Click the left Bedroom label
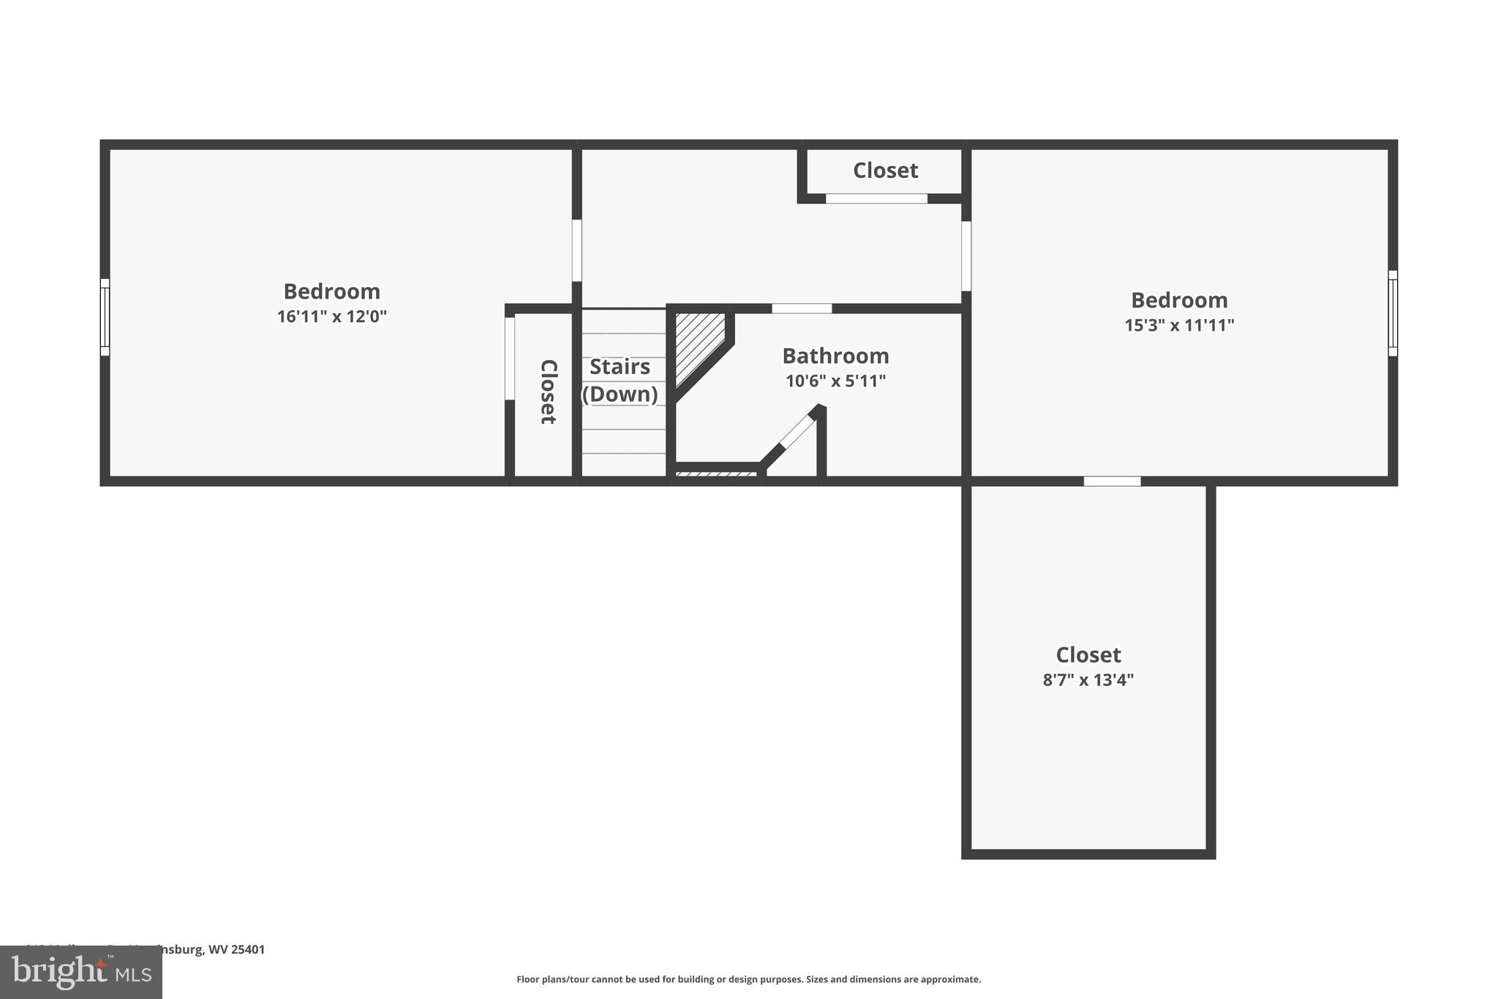(331, 291)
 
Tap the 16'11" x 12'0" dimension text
(331, 317)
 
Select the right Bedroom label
(1179, 300)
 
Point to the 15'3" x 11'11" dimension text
(1179, 325)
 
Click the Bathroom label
(835, 356)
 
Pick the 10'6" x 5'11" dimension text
(835, 381)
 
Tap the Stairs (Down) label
(620, 380)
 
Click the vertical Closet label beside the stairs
(548, 392)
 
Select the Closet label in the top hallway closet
(885, 171)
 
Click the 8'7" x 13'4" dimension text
(1088, 680)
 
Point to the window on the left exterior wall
(105, 317)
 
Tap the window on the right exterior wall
(1393, 313)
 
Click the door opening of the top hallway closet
(876, 198)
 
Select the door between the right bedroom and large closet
(1112, 481)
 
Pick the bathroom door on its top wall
(802, 308)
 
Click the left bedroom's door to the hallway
(576, 250)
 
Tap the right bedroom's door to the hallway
(966, 256)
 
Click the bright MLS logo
(81, 972)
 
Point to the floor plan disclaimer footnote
(748, 979)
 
